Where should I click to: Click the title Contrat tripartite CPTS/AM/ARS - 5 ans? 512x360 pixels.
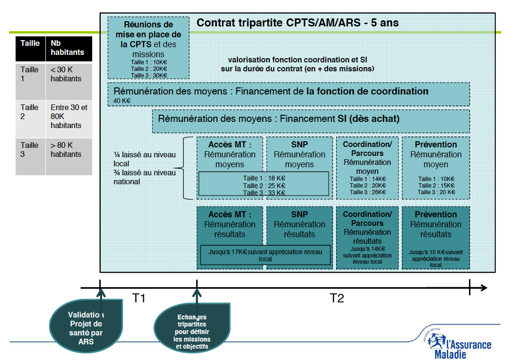click(x=297, y=23)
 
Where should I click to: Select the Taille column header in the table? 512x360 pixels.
click(x=30, y=43)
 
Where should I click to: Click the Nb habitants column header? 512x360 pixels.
click(x=67, y=48)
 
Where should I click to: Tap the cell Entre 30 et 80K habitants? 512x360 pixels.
click(x=69, y=116)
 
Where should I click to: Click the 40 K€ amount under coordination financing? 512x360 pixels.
click(x=122, y=101)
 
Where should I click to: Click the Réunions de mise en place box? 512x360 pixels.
click(x=148, y=47)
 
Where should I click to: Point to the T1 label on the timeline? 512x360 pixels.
click(x=139, y=298)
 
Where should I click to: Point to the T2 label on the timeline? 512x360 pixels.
click(x=337, y=298)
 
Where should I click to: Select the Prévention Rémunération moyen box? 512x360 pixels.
click(x=435, y=168)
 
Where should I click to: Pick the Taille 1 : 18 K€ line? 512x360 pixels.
click(x=264, y=179)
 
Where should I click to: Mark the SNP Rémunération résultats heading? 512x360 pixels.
click(x=299, y=224)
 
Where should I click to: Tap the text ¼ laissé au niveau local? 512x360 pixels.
click(x=144, y=159)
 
